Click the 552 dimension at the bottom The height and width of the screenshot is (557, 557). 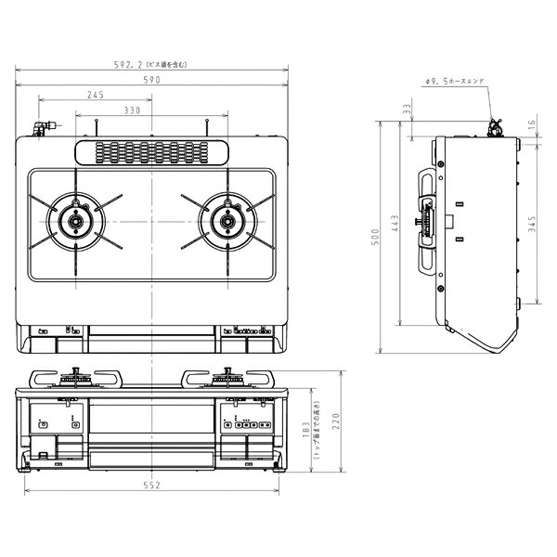(x=153, y=486)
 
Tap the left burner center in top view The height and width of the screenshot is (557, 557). (x=73, y=222)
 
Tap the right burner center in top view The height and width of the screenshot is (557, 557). (x=225, y=221)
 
